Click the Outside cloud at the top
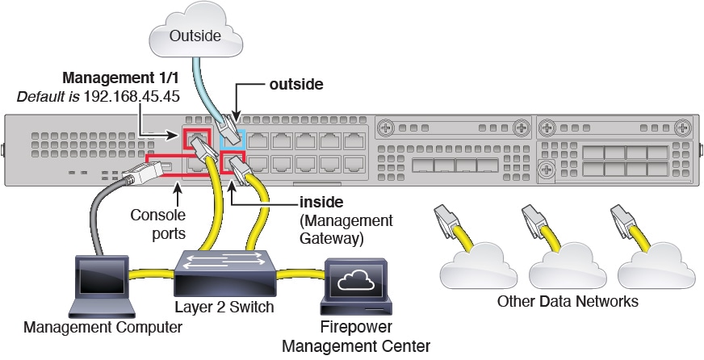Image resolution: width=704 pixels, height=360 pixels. click(x=195, y=31)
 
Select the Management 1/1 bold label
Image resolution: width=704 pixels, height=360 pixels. click(x=120, y=77)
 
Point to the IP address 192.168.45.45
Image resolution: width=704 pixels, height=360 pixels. click(x=132, y=96)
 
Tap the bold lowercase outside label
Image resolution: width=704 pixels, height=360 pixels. click(x=296, y=84)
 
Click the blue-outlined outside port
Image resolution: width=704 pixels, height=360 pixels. click(x=233, y=139)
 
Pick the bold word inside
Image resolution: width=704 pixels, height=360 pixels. click(x=321, y=202)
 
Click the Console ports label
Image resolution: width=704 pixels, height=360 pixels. click(x=158, y=224)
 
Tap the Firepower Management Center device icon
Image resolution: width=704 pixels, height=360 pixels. click(x=355, y=287)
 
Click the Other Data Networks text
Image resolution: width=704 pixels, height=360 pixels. click(x=568, y=301)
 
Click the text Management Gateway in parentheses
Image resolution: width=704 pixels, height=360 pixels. click(x=346, y=229)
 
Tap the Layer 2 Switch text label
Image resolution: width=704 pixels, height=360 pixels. click(x=224, y=307)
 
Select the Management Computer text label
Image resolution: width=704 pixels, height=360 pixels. click(x=103, y=327)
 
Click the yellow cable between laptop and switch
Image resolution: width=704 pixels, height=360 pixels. click(x=152, y=273)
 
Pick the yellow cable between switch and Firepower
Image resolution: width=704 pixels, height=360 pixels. click(x=300, y=273)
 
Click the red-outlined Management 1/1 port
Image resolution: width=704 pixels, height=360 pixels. click(x=196, y=139)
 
